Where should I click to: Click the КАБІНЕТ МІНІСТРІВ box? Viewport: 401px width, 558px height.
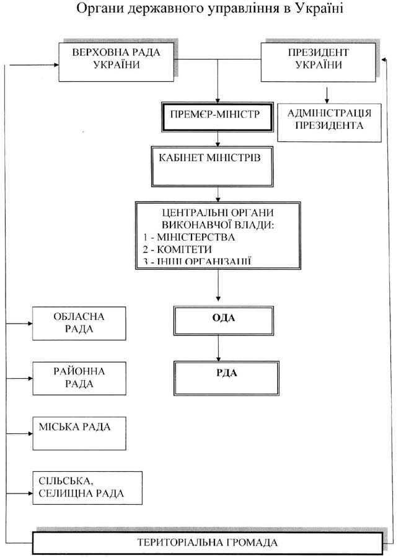[212, 166]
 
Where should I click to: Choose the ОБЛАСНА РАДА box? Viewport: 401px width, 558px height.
[79, 323]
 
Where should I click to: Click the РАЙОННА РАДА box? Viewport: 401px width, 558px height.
[79, 378]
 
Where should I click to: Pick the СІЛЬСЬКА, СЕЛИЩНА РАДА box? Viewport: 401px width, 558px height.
[87, 487]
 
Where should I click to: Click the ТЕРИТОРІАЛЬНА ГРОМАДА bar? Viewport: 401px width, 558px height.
[207, 542]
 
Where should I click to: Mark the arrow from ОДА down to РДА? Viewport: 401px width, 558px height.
[218, 347]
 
